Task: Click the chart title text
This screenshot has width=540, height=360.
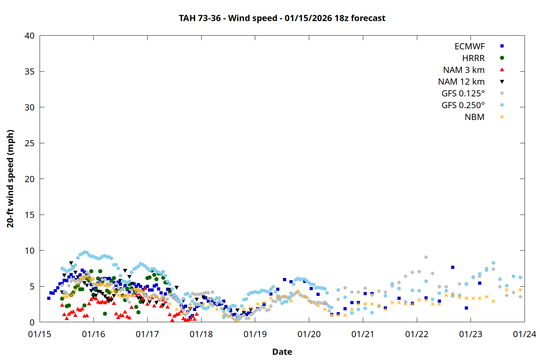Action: tap(282, 18)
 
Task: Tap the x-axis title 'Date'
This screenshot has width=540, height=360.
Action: tap(282, 352)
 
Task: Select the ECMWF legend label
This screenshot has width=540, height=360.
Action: tap(469, 46)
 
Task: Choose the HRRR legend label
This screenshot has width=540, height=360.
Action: tap(473, 58)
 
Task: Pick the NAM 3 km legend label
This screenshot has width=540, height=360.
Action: tap(464, 70)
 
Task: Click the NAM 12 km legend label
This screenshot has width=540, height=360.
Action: tap(461, 82)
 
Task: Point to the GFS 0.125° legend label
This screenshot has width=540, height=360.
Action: tap(463, 94)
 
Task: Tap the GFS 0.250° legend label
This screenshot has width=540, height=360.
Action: tap(463, 105)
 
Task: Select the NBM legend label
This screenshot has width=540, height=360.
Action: tap(474, 117)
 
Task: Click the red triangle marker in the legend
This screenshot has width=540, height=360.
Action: tap(502, 70)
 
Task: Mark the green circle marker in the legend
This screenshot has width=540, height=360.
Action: tap(502, 58)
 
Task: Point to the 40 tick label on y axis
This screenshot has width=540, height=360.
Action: tap(30, 36)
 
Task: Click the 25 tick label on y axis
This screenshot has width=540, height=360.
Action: tap(30, 143)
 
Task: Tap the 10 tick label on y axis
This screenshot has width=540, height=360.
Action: tap(30, 251)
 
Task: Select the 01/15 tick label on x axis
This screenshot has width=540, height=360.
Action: tap(40, 334)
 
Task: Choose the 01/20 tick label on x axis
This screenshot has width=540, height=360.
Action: tap(309, 334)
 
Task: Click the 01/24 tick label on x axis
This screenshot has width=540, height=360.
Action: tap(524, 334)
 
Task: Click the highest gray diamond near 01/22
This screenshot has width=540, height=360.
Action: tap(426, 257)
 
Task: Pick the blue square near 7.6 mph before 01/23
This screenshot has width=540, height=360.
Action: tap(453, 267)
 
